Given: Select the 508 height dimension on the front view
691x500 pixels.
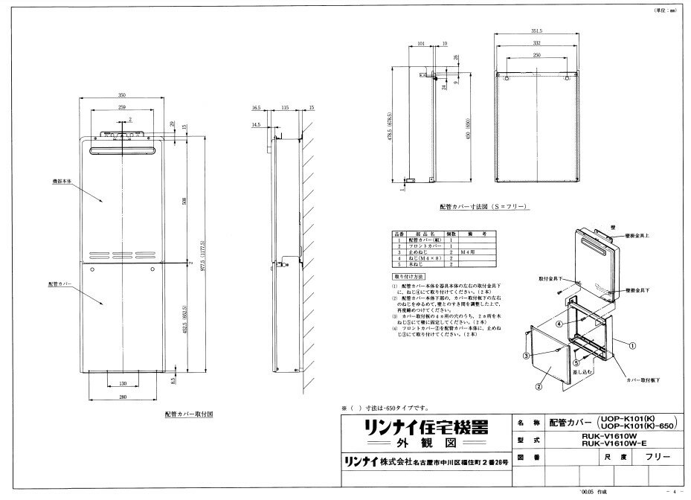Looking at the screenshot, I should (183, 200).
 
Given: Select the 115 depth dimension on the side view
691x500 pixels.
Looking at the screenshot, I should (285, 108).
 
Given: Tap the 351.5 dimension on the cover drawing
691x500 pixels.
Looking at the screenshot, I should (536, 31).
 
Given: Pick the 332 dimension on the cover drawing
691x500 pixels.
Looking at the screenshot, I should (536, 45).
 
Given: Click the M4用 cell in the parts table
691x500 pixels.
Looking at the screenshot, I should (467, 253).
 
